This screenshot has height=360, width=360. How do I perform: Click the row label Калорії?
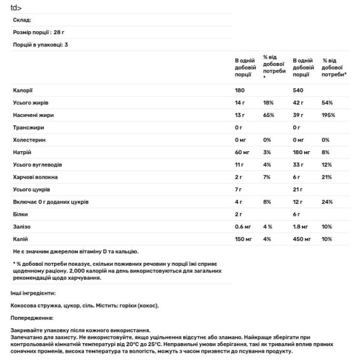(23, 90)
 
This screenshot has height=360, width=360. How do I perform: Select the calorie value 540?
(299, 90)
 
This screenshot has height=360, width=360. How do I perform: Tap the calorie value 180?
(241, 90)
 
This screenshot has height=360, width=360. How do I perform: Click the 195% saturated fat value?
(329, 115)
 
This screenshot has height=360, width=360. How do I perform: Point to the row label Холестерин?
(29, 140)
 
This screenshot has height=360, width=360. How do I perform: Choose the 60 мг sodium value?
(243, 152)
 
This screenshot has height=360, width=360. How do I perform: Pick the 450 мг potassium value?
(304, 239)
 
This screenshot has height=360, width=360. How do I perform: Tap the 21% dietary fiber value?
(327, 177)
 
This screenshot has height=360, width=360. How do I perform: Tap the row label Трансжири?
(28, 127)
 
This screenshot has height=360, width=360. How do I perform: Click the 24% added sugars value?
(327, 202)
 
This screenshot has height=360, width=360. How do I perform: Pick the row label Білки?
(20, 214)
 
